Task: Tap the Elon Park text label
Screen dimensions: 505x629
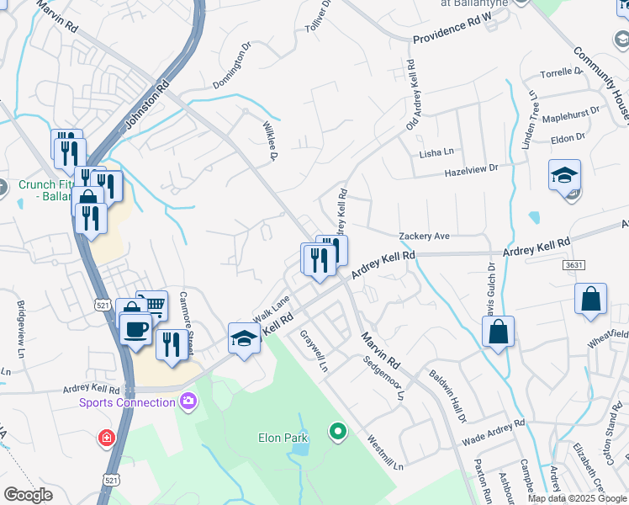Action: click(283, 438)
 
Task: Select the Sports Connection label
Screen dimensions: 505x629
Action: click(127, 402)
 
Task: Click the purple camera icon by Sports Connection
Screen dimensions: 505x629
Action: click(186, 401)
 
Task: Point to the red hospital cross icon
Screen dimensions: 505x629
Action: click(106, 438)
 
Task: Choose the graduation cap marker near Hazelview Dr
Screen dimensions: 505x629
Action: click(564, 175)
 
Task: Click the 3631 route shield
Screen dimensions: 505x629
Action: click(573, 264)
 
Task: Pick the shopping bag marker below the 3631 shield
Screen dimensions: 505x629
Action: click(591, 300)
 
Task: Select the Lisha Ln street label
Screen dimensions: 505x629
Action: click(436, 152)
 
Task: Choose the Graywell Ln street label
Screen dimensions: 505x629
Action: click(314, 351)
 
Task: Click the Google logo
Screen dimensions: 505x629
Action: click(29, 495)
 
